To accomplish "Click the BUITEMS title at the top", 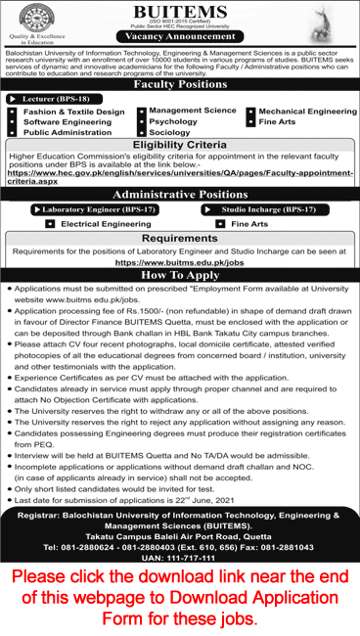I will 180,11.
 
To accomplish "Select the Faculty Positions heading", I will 180,84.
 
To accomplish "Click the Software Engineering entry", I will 67,122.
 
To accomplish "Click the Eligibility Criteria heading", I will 180,143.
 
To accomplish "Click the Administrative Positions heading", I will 180,195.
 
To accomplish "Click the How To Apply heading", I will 180,276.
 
